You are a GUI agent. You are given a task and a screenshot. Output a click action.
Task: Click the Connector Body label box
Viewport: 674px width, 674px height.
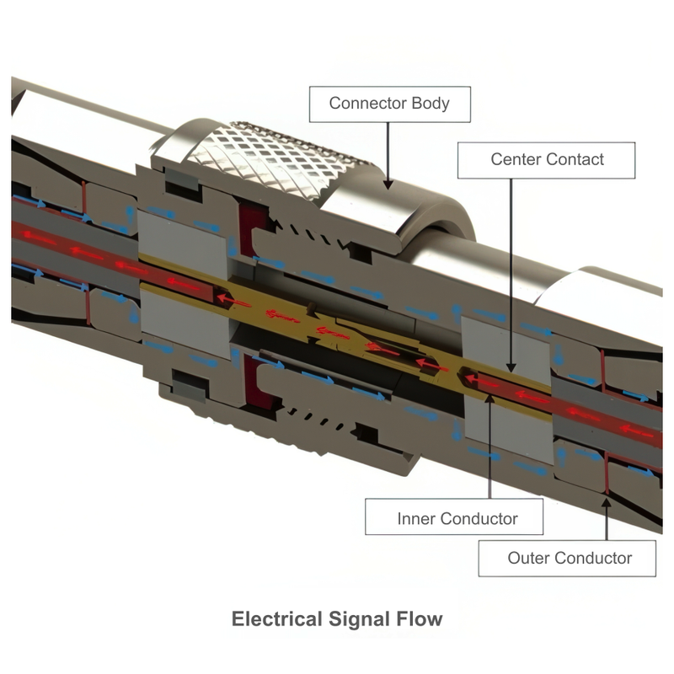click(x=388, y=104)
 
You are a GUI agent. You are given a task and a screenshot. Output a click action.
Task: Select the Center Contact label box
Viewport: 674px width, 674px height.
click(x=547, y=159)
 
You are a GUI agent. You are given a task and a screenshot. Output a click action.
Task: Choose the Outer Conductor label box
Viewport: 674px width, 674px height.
click(x=569, y=558)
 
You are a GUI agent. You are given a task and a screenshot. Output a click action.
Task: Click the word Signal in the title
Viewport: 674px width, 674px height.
click(x=355, y=620)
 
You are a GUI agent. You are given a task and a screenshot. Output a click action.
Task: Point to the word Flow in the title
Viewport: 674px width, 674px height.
click(x=416, y=620)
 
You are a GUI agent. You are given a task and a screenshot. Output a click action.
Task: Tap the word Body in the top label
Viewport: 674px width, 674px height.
click(x=430, y=104)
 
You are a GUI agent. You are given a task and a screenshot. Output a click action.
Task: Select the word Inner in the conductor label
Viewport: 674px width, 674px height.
click(x=415, y=517)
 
